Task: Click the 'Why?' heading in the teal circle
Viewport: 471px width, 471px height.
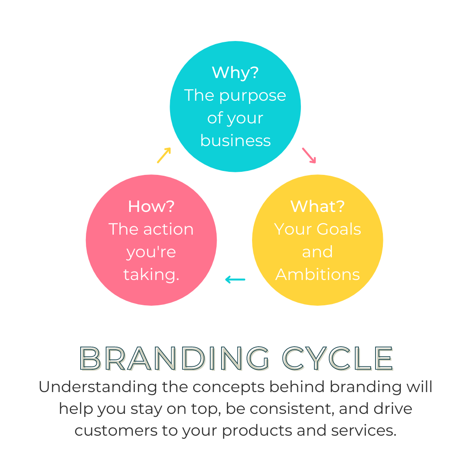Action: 235,72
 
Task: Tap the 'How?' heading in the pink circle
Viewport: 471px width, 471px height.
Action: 151,206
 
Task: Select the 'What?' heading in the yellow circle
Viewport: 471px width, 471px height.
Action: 317,206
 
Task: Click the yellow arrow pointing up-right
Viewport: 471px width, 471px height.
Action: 164,155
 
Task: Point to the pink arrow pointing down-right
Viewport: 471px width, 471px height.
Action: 309,155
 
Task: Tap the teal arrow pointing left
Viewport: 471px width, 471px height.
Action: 235,280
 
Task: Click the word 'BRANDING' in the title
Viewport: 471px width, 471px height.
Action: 174,358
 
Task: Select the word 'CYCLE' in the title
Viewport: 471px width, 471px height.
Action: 338,358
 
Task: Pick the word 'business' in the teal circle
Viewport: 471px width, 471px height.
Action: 235,140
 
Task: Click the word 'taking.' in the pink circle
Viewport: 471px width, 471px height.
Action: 151,275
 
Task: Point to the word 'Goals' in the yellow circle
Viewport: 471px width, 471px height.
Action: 338,229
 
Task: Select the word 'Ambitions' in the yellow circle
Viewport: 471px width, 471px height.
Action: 317,274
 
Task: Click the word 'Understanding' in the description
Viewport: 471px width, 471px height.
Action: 98,387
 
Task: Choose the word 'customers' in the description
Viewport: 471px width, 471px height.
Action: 116,431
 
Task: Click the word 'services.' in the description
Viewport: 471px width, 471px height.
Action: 364,430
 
